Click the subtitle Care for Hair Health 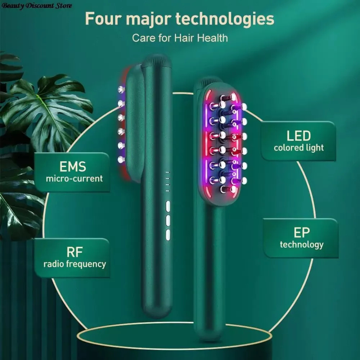pos(180,38)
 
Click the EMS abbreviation pos(73,166)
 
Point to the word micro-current pos(74,178)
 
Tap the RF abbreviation pos(74,252)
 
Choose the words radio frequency pos(75,264)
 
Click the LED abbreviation pos(298,136)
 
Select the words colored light pos(299,148)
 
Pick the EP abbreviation pos(301,233)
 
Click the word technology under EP pos(302,245)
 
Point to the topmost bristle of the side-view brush pos(121,89)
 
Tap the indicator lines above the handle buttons pos(167,182)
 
